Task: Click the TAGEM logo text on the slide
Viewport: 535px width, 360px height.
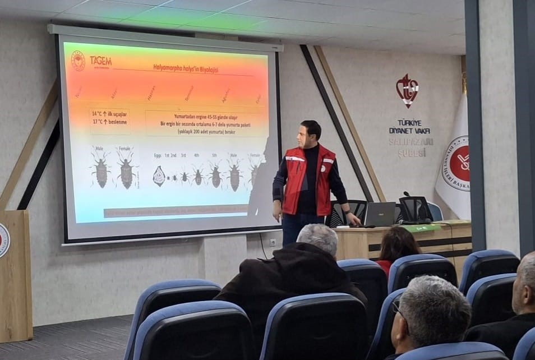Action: coord(101,61)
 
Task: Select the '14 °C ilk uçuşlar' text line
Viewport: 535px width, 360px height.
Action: coord(110,113)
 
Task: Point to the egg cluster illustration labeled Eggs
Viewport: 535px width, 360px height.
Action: coord(159,176)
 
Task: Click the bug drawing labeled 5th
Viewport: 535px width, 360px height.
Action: coord(215,175)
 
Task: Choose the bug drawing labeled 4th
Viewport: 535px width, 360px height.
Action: coord(197,176)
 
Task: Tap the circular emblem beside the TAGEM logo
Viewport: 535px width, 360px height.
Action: coord(78,61)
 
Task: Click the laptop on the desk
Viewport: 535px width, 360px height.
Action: coord(380,214)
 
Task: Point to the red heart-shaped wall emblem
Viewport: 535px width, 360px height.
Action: coord(407,90)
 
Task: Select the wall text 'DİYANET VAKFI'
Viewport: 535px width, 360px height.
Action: coord(409,131)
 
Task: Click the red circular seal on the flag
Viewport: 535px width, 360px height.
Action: coord(458,163)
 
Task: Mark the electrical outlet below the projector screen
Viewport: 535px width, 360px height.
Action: coord(273,242)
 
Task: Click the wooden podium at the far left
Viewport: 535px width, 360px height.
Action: coord(16,275)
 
